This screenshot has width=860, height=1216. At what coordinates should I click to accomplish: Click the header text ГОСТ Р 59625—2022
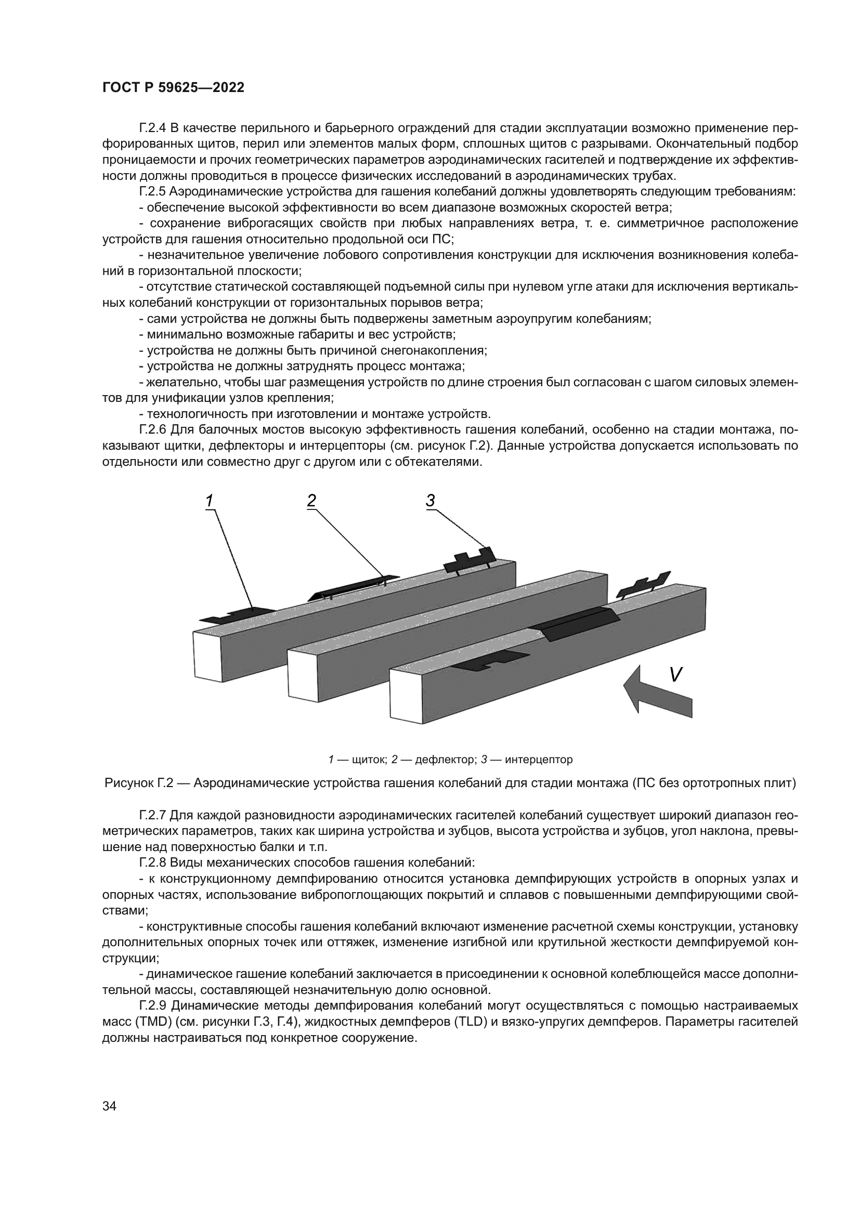tap(173, 88)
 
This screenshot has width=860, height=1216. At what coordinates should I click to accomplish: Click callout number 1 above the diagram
tap(210, 500)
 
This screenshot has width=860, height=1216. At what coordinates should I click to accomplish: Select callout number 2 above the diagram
tap(311, 500)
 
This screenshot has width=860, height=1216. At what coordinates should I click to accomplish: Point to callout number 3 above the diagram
tap(430, 500)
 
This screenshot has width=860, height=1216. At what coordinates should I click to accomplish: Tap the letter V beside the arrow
tap(675, 674)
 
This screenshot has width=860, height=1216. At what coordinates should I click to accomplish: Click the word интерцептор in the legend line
tap(539, 760)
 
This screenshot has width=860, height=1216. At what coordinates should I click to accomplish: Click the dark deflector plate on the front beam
tap(578, 623)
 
